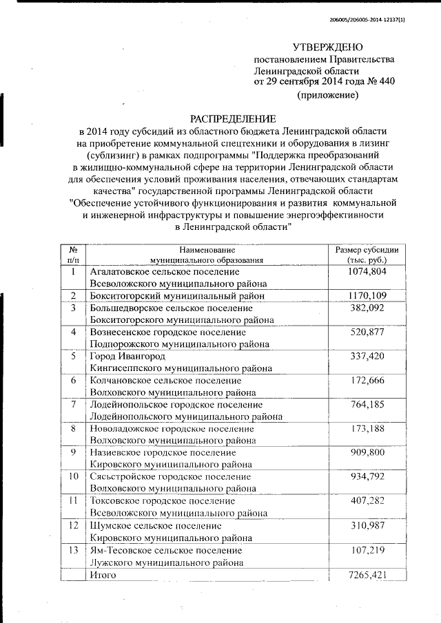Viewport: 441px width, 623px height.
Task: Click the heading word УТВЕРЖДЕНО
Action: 327,47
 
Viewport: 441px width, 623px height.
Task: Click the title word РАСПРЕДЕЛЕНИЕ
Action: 233,118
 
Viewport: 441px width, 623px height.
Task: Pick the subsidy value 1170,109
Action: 367,295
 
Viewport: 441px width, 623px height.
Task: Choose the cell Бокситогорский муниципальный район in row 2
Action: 176,296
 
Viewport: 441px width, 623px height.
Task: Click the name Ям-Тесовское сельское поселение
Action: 166,551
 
